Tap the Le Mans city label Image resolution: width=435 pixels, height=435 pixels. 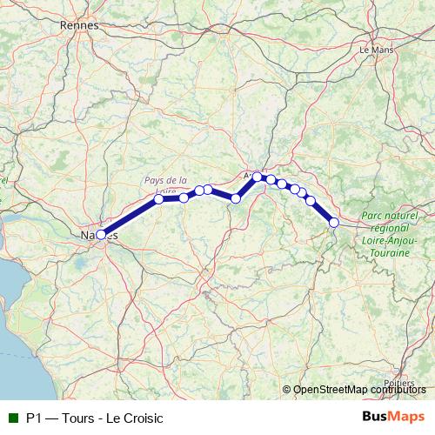(x=376, y=50)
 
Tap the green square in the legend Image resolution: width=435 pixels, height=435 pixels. (x=11, y=418)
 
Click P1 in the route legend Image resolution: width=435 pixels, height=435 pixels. (x=33, y=418)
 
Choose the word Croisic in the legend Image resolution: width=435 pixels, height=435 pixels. (x=143, y=418)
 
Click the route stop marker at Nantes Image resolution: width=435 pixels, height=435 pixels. (x=101, y=234)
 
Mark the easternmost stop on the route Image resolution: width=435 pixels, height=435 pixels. (x=333, y=223)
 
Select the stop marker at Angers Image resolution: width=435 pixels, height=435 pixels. (x=258, y=177)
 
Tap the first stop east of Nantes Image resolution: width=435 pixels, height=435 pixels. (x=159, y=199)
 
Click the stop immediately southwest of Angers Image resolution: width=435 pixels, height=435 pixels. (x=236, y=198)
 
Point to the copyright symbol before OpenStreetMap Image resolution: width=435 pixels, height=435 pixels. (x=287, y=390)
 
